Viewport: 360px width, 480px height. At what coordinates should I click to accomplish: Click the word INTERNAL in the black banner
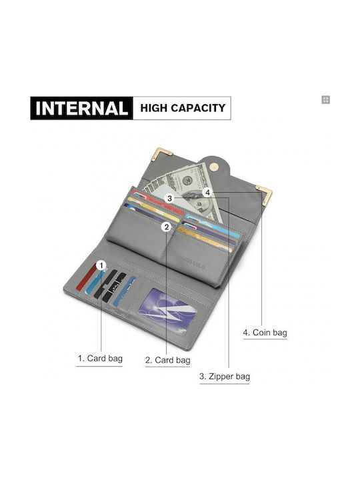(x=81, y=108)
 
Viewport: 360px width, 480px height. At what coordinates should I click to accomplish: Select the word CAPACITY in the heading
(x=198, y=108)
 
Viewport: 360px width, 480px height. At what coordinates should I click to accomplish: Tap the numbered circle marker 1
(x=101, y=266)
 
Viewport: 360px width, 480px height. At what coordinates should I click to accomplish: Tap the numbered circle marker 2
(x=167, y=227)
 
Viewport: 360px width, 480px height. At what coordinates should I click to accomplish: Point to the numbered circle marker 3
(x=169, y=199)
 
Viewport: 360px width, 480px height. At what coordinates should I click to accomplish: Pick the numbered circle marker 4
(x=207, y=193)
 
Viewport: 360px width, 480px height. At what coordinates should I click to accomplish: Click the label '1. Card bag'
(x=100, y=358)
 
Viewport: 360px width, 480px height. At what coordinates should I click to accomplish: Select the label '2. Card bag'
(x=168, y=360)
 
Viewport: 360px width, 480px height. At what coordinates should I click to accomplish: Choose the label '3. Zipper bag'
(x=225, y=376)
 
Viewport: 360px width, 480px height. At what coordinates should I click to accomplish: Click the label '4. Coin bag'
(x=265, y=333)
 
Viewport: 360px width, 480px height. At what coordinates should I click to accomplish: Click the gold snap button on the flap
(x=214, y=167)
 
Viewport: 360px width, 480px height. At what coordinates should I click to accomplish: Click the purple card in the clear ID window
(x=166, y=309)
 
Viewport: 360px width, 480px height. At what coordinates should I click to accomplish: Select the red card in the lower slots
(x=86, y=277)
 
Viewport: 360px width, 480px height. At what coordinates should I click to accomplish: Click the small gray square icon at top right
(x=326, y=100)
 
